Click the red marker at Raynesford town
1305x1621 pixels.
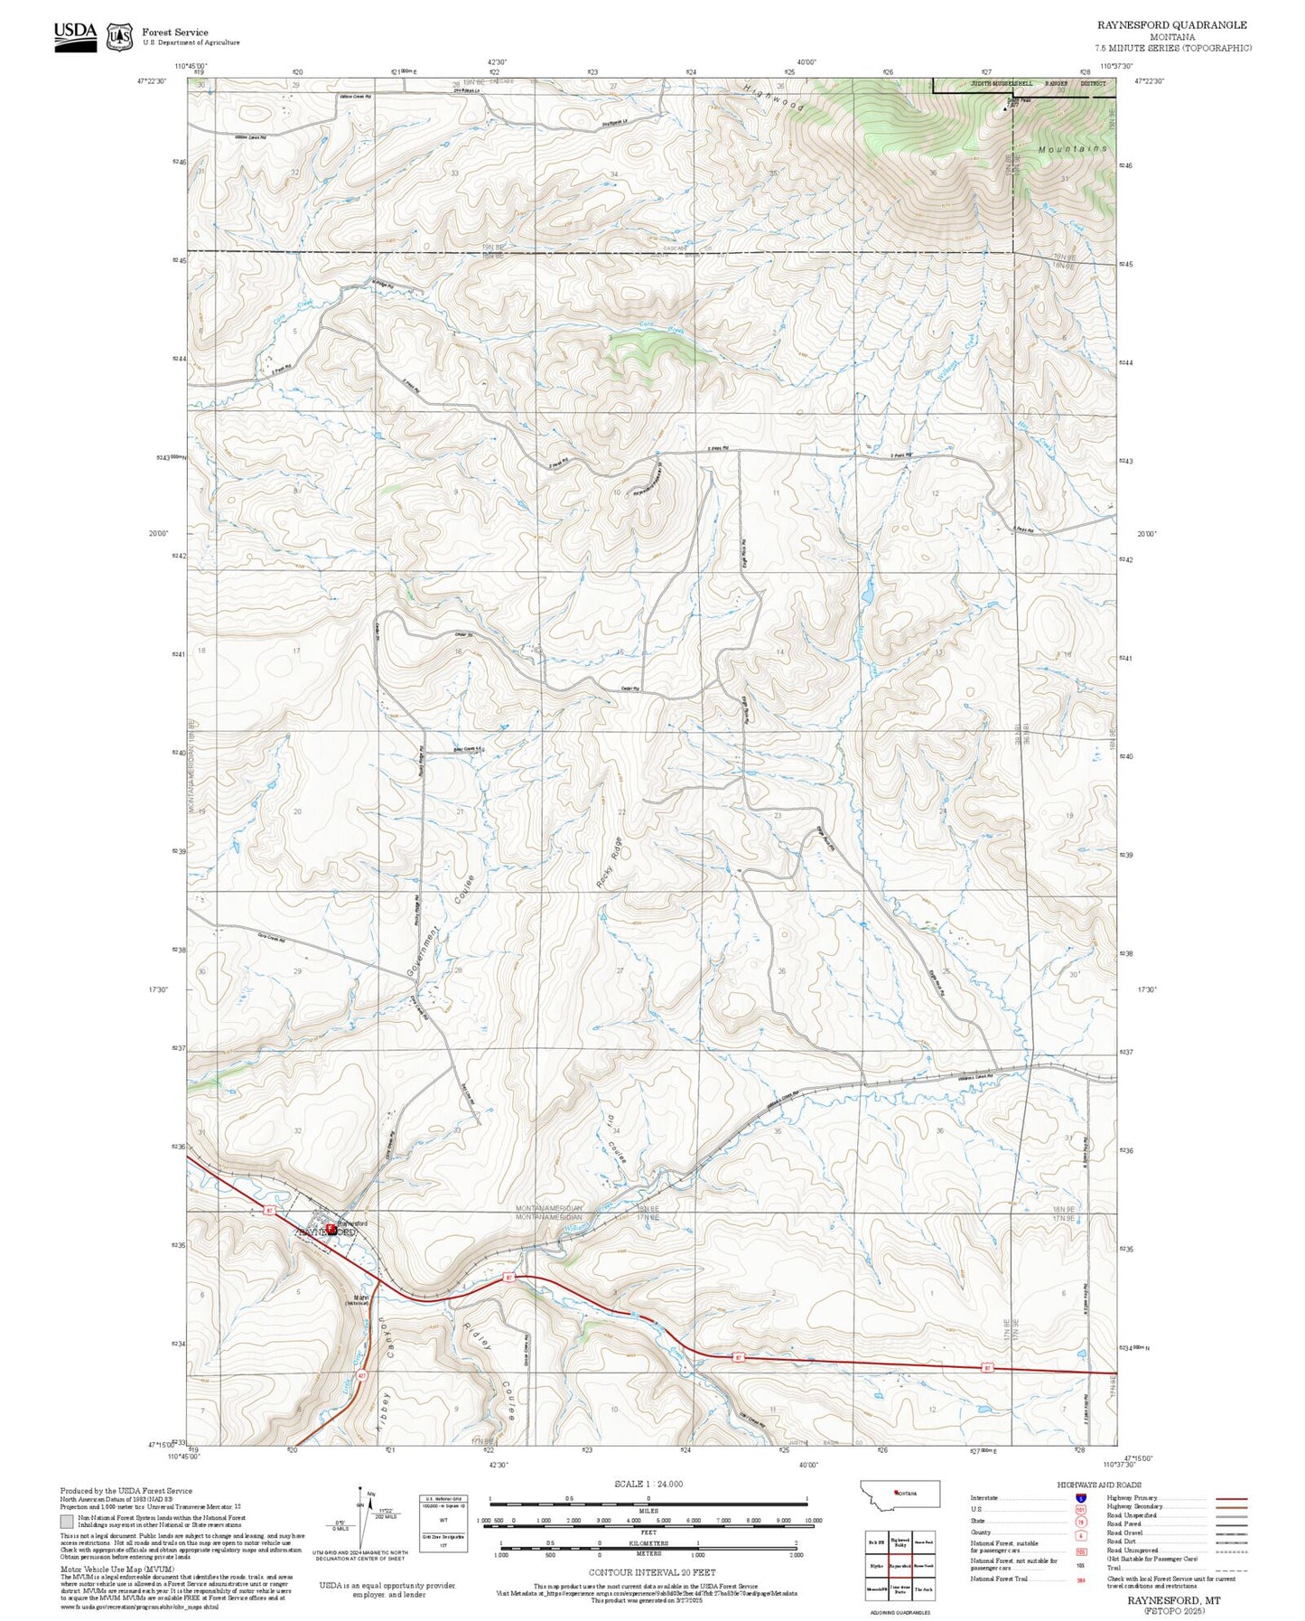[331, 1229]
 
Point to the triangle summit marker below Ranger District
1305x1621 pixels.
[1006, 111]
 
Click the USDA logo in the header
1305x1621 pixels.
[75, 36]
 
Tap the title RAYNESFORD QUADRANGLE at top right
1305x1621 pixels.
[1171, 25]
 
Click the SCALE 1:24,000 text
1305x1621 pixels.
[648, 1484]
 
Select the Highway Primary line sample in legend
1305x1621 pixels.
[1231, 1498]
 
